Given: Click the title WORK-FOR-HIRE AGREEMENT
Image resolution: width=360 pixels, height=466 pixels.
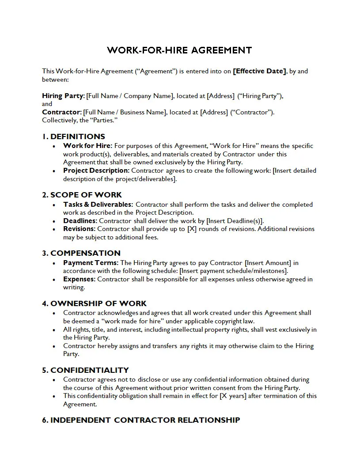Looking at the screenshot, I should (179, 50).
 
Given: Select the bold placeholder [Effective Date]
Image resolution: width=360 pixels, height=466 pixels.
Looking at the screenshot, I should (260, 71).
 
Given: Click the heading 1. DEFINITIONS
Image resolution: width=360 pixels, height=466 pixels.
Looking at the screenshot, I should (73, 136).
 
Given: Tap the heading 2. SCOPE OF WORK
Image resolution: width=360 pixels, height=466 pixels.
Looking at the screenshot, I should (82, 195).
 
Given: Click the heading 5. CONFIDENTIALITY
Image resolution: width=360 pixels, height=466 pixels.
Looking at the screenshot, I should (85, 370).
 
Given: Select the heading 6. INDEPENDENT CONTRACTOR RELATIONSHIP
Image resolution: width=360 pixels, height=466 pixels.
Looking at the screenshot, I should (141, 420).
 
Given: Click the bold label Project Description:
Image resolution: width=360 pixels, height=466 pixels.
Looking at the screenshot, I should (96, 170).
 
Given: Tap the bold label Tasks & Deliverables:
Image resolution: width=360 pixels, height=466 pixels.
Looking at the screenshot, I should (98, 205).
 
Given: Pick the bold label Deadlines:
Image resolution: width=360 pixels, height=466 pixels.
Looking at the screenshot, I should (80, 221).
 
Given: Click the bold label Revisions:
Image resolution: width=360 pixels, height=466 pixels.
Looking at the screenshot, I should (79, 229).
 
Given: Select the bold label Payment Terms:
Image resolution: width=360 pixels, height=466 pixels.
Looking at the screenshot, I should (91, 263).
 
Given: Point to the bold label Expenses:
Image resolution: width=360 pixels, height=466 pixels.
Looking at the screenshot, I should (79, 279).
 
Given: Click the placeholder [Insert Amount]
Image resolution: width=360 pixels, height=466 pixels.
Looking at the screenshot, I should (268, 263).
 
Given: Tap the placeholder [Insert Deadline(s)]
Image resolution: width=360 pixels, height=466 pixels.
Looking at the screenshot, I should (235, 221).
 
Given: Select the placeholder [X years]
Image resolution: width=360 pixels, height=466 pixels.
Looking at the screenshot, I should (233, 396).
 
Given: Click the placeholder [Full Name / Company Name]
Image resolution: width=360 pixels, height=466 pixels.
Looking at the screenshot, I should (129, 96).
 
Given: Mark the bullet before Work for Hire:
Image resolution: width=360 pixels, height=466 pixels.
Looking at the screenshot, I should (54, 146).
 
